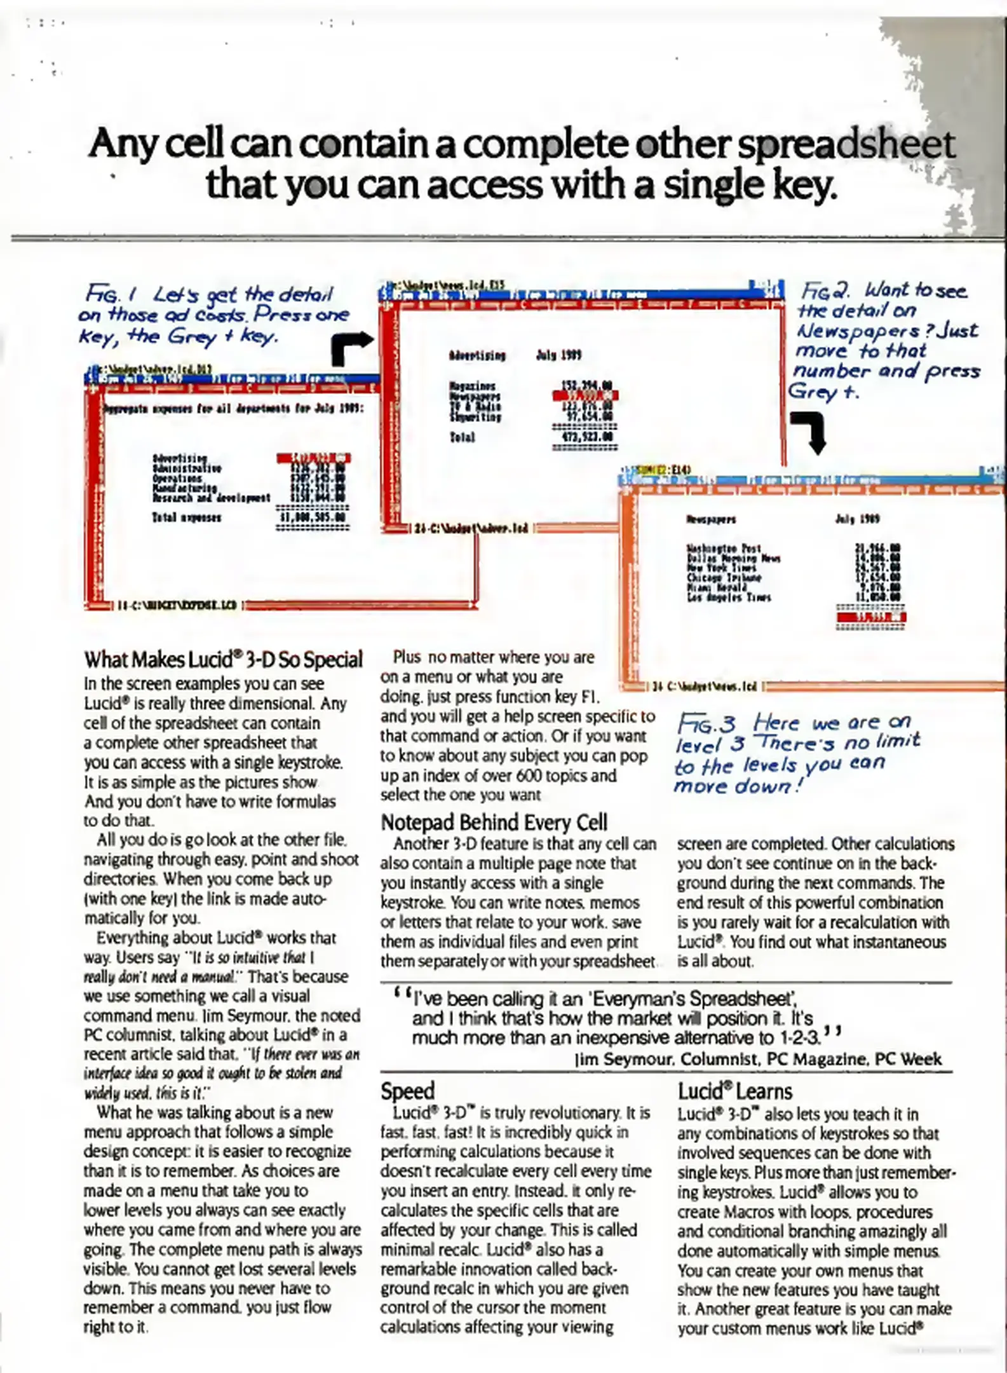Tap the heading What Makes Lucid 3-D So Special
pos(223,660)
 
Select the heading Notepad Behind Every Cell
pos(494,823)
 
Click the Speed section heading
pos(407,1091)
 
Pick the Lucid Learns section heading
pos(734,1091)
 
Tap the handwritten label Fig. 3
pos(705,724)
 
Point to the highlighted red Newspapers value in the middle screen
pos(585,395)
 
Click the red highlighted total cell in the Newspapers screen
pos(870,617)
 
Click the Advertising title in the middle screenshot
pos(477,355)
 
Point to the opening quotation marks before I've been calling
pos(402,993)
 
